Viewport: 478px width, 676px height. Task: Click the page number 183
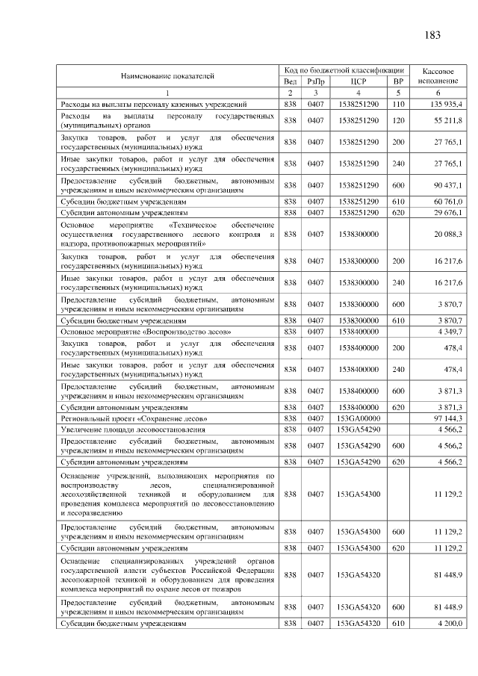(x=432, y=35)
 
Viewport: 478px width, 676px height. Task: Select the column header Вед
(x=291, y=81)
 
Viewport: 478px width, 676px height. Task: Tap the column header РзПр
(x=316, y=81)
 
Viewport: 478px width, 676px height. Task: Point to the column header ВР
(x=398, y=81)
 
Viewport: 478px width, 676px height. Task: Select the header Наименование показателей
(x=168, y=75)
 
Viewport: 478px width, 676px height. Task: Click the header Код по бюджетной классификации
(x=344, y=69)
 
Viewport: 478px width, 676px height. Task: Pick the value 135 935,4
(x=446, y=104)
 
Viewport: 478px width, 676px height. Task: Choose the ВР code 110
(x=398, y=104)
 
